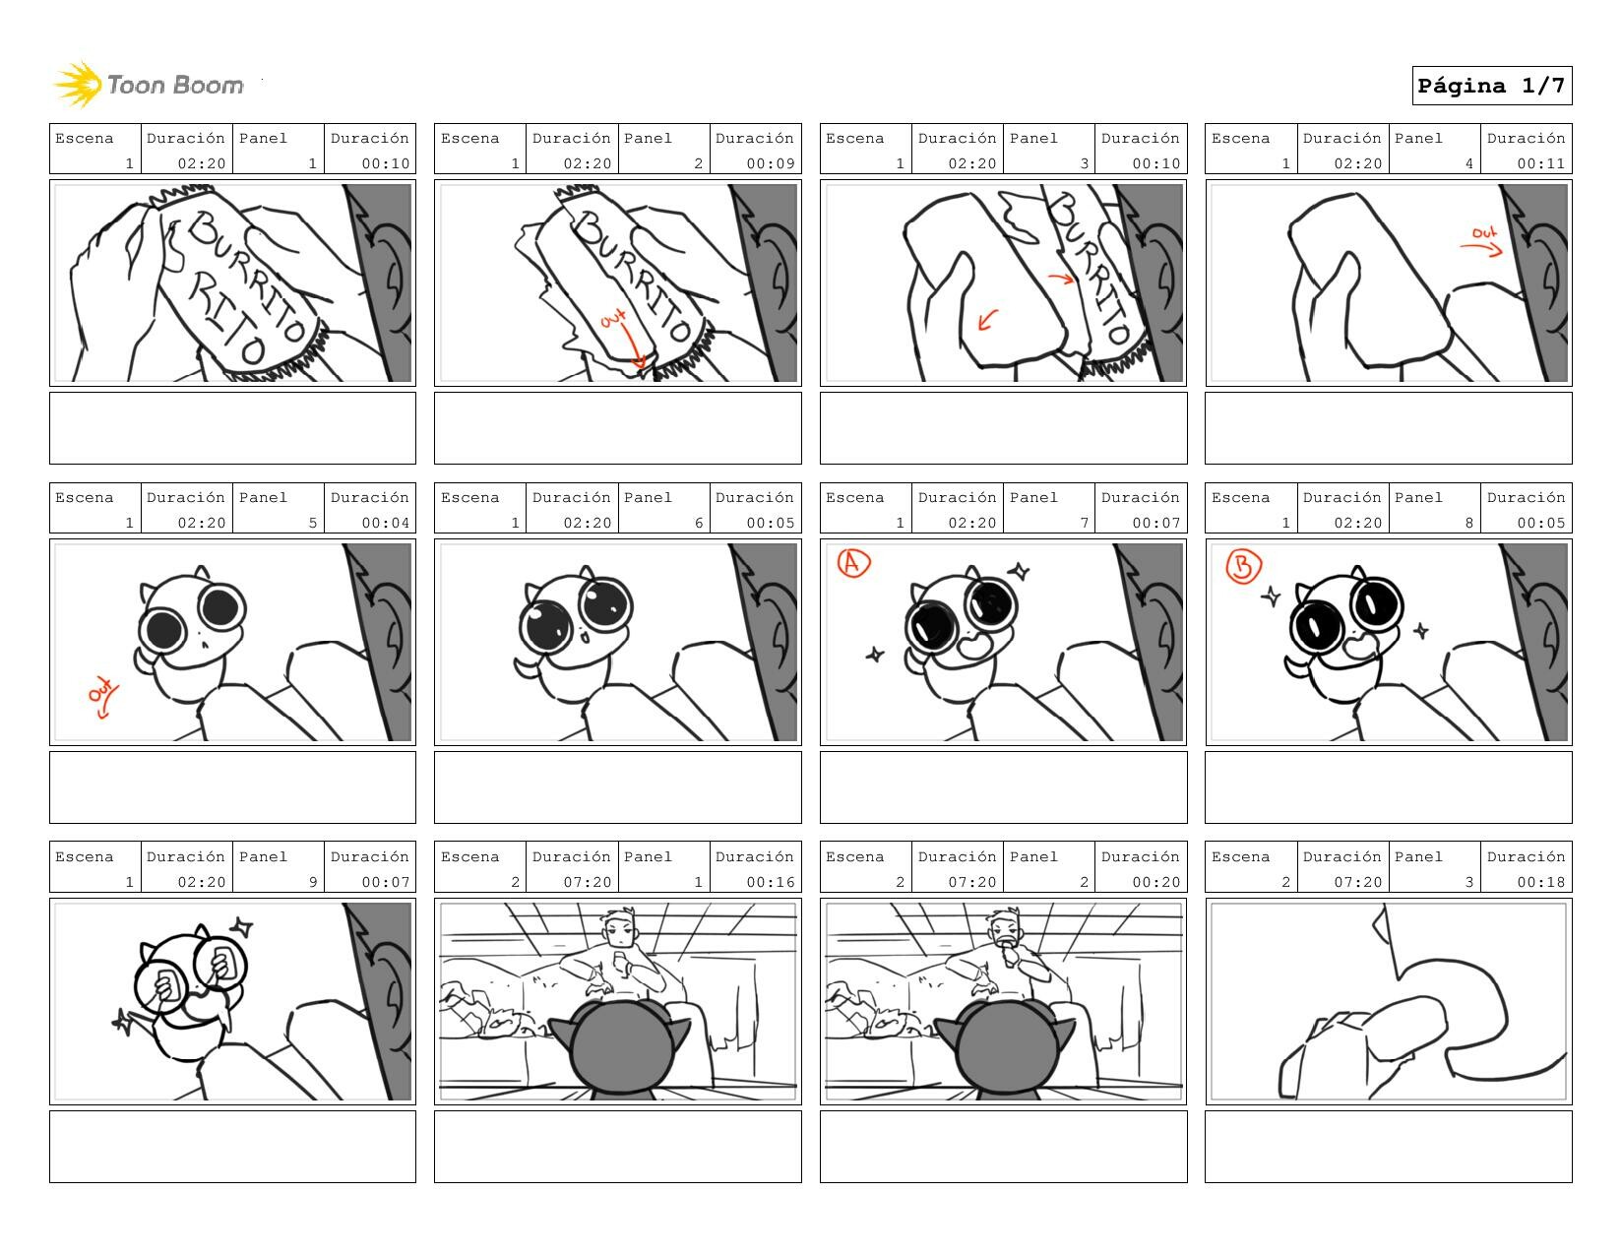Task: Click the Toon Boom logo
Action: [150, 85]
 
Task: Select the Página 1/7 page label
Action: [1491, 86]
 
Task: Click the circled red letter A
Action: [853, 563]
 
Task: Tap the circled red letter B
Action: [1243, 565]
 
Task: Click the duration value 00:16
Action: [770, 882]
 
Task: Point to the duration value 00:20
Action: [1155, 882]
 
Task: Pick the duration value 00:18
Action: [1540, 882]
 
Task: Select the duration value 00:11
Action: [1540, 163]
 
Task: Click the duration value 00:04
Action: [385, 523]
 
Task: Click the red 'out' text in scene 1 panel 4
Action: [1484, 233]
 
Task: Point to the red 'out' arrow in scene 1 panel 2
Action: [634, 345]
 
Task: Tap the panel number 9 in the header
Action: [313, 882]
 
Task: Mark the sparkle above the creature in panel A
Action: [1018, 572]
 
